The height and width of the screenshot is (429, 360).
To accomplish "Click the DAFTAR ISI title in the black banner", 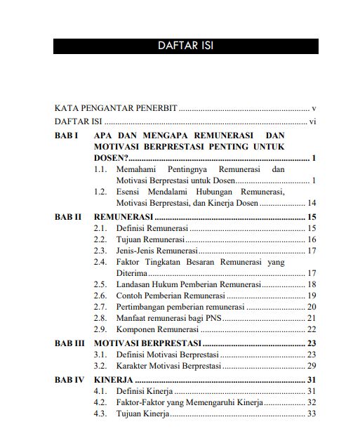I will click(x=185, y=46).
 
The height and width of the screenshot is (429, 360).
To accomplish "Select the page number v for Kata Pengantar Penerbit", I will click(x=314, y=109).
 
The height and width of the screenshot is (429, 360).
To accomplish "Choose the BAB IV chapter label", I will click(x=69, y=380).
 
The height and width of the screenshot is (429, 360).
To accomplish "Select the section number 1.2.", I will click(x=101, y=192).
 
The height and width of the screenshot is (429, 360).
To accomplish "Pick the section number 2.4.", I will click(x=101, y=261).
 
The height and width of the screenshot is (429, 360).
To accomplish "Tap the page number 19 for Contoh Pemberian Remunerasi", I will click(x=312, y=296).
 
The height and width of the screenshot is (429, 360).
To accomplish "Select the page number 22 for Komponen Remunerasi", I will click(x=312, y=329).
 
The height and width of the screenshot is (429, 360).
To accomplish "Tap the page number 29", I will click(x=312, y=367).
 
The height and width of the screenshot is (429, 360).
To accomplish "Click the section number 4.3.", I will click(x=101, y=414).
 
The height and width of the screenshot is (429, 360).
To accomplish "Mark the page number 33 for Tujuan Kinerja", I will click(x=312, y=414).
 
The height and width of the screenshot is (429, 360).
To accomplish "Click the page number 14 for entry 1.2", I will click(x=312, y=203).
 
